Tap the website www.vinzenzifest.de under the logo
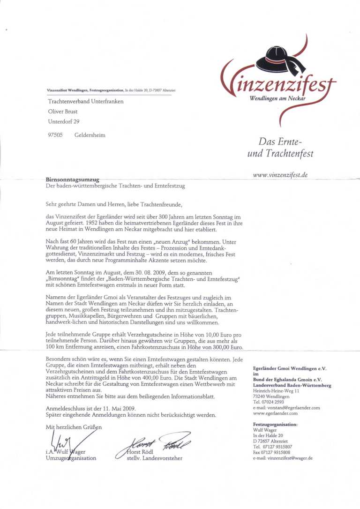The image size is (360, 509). coord(280,175)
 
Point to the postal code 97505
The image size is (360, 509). coord(55,135)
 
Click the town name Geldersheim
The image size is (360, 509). coord(90,135)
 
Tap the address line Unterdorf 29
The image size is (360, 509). coord(64,122)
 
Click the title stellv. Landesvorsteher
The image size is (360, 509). coord(155,458)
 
